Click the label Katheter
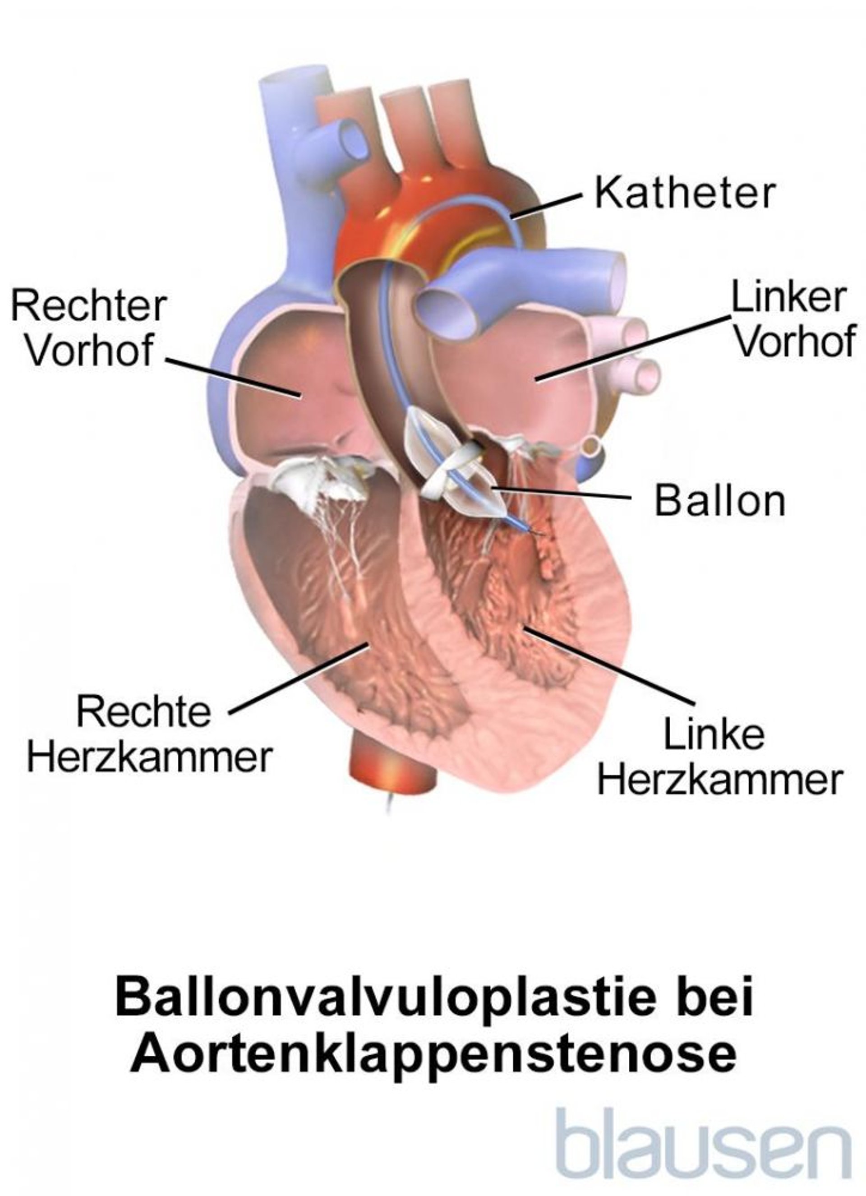point(685,193)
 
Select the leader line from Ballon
point(560,493)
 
